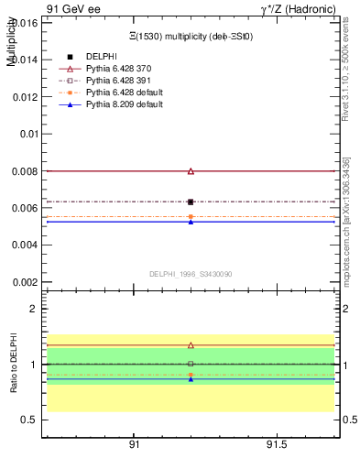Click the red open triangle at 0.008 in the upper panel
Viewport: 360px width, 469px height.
(x=191, y=171)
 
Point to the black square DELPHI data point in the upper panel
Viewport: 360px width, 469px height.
(x=191, y=202)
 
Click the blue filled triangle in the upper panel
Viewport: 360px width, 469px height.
(x=191, y=222)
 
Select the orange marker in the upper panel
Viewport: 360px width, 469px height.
(x=191, y=216)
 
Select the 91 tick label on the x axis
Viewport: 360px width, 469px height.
(x=134, y=444)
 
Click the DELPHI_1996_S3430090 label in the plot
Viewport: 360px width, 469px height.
(x=191, y=274)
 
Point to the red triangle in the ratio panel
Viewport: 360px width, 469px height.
(x=191, y=345)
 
